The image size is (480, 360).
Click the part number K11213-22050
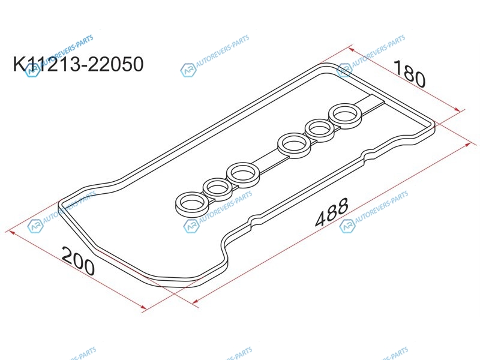click(78, 64)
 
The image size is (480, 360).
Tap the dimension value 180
click(409, 74)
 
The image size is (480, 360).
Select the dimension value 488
click(332, 212)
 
